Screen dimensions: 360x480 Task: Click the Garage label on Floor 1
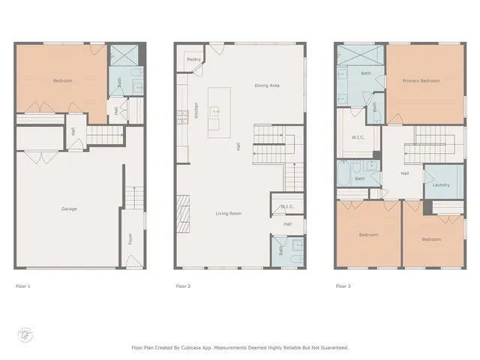[69, 208]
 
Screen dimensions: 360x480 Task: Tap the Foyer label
[130, 239]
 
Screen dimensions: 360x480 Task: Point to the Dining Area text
[267, 85]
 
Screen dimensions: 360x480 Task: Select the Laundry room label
[440, 184]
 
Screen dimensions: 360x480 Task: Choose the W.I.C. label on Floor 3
[358, 137]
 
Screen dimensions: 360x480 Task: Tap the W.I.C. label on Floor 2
[287, 207]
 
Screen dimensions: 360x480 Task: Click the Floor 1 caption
[23, 286]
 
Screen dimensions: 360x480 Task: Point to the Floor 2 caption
[183, 286]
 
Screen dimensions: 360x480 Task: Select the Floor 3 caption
[343, 286]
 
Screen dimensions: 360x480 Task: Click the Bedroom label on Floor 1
[62, 81]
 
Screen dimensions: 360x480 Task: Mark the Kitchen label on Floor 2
[196, 112]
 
